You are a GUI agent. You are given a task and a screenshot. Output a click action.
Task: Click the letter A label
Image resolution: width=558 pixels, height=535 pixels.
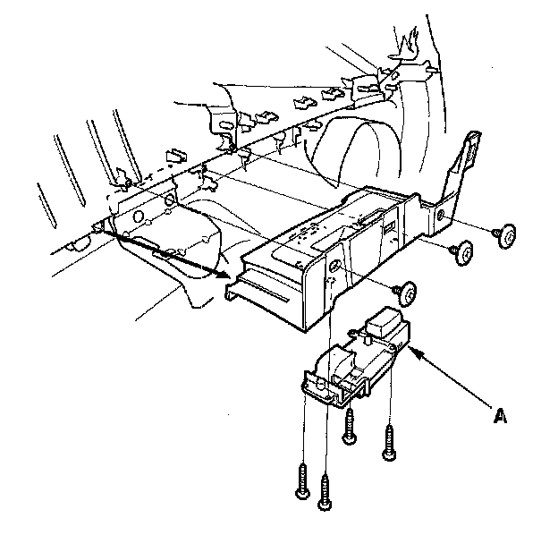pyautogui.click(x=500, y=416)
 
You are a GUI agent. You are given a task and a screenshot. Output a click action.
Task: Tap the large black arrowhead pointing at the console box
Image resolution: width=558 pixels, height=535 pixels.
pyautogui.click(x=224, y=274)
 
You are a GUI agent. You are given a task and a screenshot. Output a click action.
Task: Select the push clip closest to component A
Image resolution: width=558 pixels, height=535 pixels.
pyautogui.click(x=406, y=293)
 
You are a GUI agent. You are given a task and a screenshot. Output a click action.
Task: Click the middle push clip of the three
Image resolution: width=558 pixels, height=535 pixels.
pyautogui.click(x=463, y=252)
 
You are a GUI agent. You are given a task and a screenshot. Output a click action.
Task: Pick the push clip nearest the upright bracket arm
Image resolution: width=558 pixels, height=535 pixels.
pyautogui.click(x=505, y=235)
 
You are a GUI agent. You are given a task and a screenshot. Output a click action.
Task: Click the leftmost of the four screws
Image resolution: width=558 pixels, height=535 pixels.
pyautogui.click(x=302, y=480)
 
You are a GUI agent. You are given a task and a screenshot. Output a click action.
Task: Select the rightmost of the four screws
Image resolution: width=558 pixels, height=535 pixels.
pyautogui.click(x=389, y=442)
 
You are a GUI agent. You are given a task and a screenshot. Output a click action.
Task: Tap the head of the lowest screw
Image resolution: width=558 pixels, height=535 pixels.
pyautogui.click(x=325, y=505)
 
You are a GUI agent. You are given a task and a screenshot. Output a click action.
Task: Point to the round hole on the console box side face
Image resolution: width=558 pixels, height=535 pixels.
pyautogui.click(x=334, y=266)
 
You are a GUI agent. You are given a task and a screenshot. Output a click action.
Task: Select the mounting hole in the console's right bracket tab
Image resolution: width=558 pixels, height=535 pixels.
pyautogui.click(x=441, y=215)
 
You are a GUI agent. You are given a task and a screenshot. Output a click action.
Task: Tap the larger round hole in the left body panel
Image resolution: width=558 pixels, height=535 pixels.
pyautogui.click(x=138, y=217)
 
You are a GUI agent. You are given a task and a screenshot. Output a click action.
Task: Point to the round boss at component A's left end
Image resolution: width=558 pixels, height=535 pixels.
pyautogui.click(x=319, y=385)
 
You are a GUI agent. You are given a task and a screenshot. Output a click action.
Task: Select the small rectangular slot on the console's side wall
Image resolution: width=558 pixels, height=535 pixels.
pyautogui.click(x=389, y=226)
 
